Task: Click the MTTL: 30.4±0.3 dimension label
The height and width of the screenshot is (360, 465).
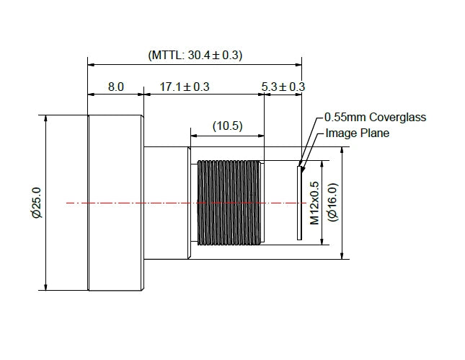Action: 195,56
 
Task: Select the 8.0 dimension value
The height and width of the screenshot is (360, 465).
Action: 115,87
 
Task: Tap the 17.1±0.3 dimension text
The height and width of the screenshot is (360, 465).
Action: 185,87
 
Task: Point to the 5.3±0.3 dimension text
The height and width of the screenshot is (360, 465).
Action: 283,87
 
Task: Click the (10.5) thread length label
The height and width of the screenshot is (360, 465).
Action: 228,126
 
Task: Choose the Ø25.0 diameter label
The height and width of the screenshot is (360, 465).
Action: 37,203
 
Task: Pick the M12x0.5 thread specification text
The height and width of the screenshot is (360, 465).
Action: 314,203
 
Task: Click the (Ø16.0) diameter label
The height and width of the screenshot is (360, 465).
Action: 332,202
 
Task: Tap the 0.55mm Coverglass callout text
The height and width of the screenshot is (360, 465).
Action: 375,117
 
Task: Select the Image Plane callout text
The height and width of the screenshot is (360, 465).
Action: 358,133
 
